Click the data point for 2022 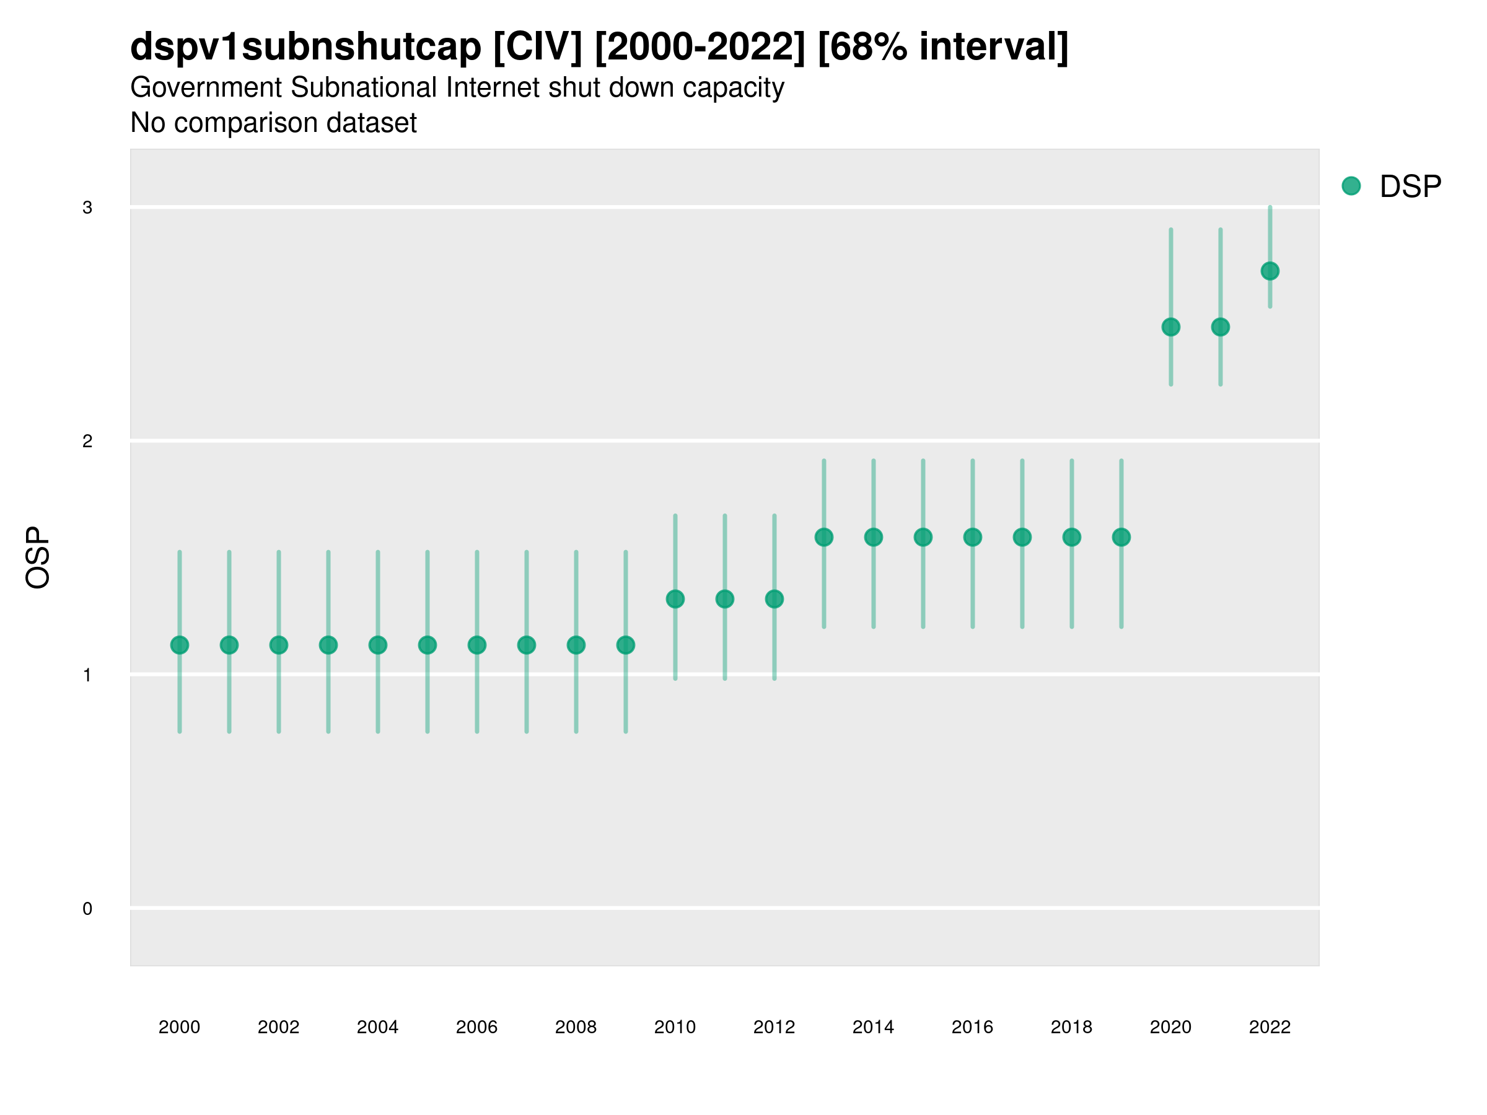pyautogui.click(x=1270, y=271)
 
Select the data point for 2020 pyautogui.click(x=1171, y=327)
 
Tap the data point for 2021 pyautogui.click(x=1221, y=327)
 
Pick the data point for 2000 pyautogui.click(x=180, y=645)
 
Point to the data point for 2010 pyautogui.click(x=675, y=599)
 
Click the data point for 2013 pyautogui.click(x=824, y=537)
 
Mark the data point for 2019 pyautogui.click(x=1121, y=537)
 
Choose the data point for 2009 pyautogui.click(x=626, y=645)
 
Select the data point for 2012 pyautogui.click(x=774, y=599)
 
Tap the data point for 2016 pyautogui.click(x=973, y=537)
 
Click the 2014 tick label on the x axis pyautogui.click(x=873, y=1027)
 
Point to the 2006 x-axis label pyautogui.click(x=476, y=1027)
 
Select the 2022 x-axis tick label pyautogui.click(x=1270, y=1027)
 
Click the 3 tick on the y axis pyautogui.click(x=87, y=208)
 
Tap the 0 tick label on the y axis pyautogui.click(x=87, y=909)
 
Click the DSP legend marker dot pyautogui.click(x=1351, y=186)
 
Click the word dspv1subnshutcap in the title pyautogui.click(x=306, y=46)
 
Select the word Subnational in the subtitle pyautogui.click(x=363, y=88)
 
